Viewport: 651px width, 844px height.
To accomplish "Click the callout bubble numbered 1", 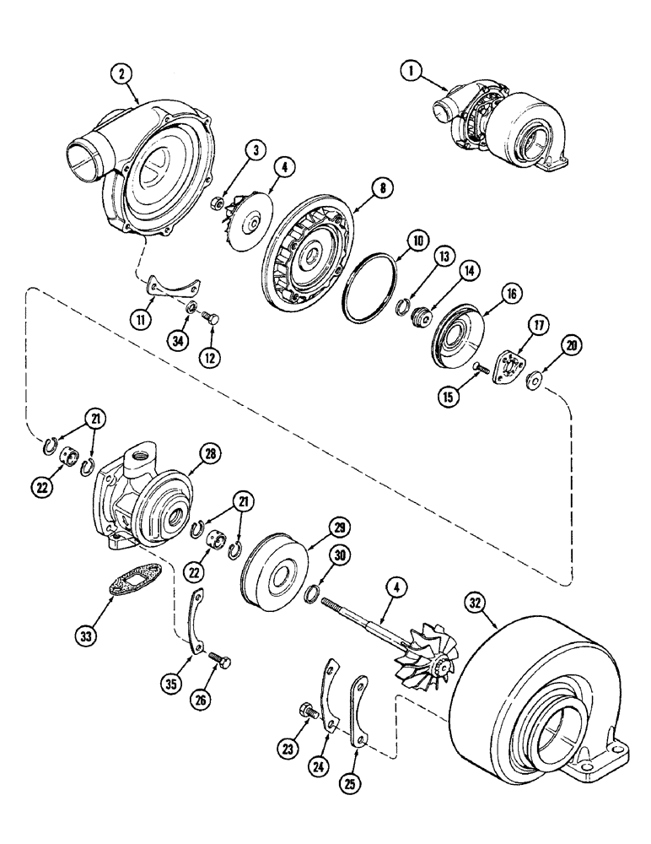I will point(412,73).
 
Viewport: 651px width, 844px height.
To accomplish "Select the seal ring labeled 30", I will point(309,593).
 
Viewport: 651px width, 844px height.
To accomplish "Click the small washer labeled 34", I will point(192,306).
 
